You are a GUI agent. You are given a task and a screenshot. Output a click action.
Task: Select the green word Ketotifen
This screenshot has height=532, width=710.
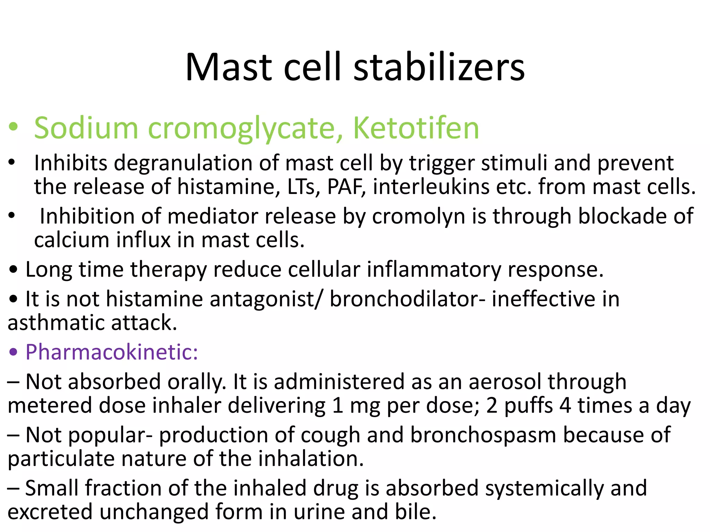pyautogui.click(x=416, y=128)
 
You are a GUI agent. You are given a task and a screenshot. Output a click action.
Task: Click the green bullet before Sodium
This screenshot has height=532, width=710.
pyautogui.click(x=13, y=127)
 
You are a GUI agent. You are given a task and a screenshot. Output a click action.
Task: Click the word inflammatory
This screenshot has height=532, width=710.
pyautogui.click(x=434, y=270)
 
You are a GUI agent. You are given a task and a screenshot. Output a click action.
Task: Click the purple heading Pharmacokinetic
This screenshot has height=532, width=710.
pyautogui.click(x=112, y=352)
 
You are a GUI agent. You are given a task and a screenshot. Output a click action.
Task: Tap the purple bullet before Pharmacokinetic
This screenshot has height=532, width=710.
pyautogui.click(x=13, y=352)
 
